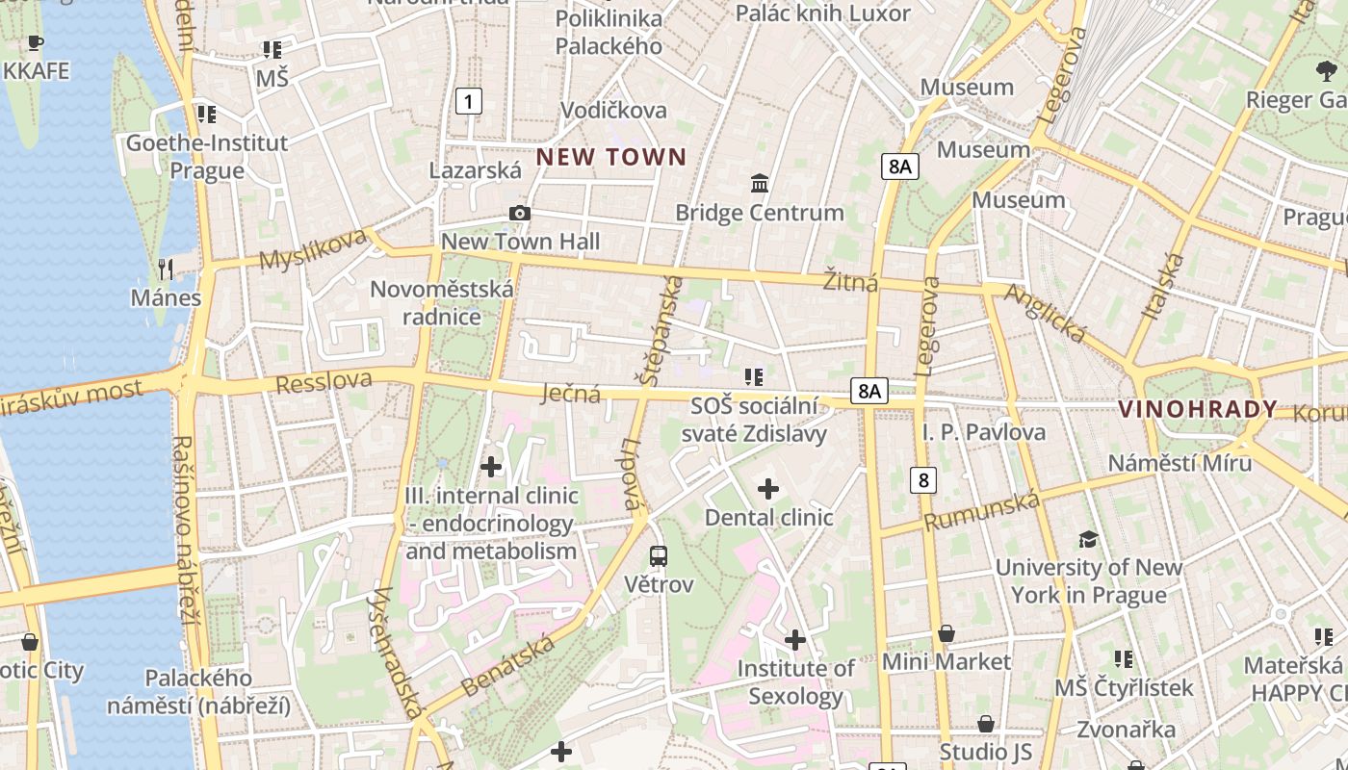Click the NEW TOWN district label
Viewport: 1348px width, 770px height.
(x=611, y=157)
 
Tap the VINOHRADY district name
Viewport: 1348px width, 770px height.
(x=1197, y=409)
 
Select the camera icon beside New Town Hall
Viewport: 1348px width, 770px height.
(x=520, y=213)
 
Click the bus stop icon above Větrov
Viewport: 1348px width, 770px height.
(x=659, y=555)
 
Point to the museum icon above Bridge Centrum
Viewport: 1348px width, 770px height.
(x=760, y=183)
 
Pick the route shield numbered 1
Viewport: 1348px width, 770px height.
(x=468, y=100)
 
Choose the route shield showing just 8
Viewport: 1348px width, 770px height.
(x=923, y=479)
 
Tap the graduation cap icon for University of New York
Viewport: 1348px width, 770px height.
(x=1088, y=539)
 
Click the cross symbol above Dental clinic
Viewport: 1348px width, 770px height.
(x=768, y=489)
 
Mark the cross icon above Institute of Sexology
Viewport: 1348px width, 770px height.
(x=795, y=639)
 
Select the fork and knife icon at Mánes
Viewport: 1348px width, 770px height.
(x=167, y=269)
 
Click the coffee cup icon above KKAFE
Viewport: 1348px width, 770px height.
(x=36, y=42)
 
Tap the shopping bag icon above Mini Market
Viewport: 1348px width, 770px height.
(x=946, y=633)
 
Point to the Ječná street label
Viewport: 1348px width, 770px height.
(x=571, y=393)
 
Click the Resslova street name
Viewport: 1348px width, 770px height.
(x=324, y=381)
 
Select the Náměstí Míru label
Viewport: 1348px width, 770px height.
(x=1179, y=463)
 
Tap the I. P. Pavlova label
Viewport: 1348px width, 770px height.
(x=983, y=432)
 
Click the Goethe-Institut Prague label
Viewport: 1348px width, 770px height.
(x=207, y=157)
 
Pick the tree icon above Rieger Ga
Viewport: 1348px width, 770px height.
(x=1326, y=71)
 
